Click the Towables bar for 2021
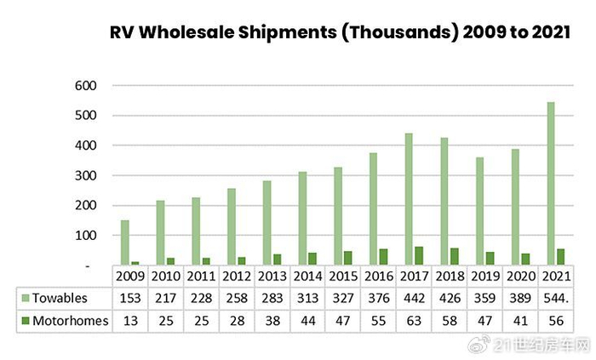tap(550, 184)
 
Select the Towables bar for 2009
tap(124, 243)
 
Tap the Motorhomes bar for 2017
tap(419, 255)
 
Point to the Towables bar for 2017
tap(409, 199)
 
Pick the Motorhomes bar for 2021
tap(560, 257)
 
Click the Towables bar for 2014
tap(302, 219)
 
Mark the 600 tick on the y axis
tap(85, 86)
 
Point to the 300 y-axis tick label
tap(85, 176)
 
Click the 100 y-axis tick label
tap(85, 236)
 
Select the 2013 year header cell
tap(272, 276)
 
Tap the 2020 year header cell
tap(521, 276)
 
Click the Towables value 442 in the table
tap(414, 298)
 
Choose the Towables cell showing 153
tap(130, 298)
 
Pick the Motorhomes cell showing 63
tap(414, 321)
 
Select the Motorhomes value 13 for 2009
tap(130, 321)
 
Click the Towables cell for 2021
tap(556, 298)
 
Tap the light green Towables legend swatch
tap(26, 298)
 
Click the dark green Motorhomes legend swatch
tap(26, 321)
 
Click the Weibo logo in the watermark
tap(479, 344)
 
